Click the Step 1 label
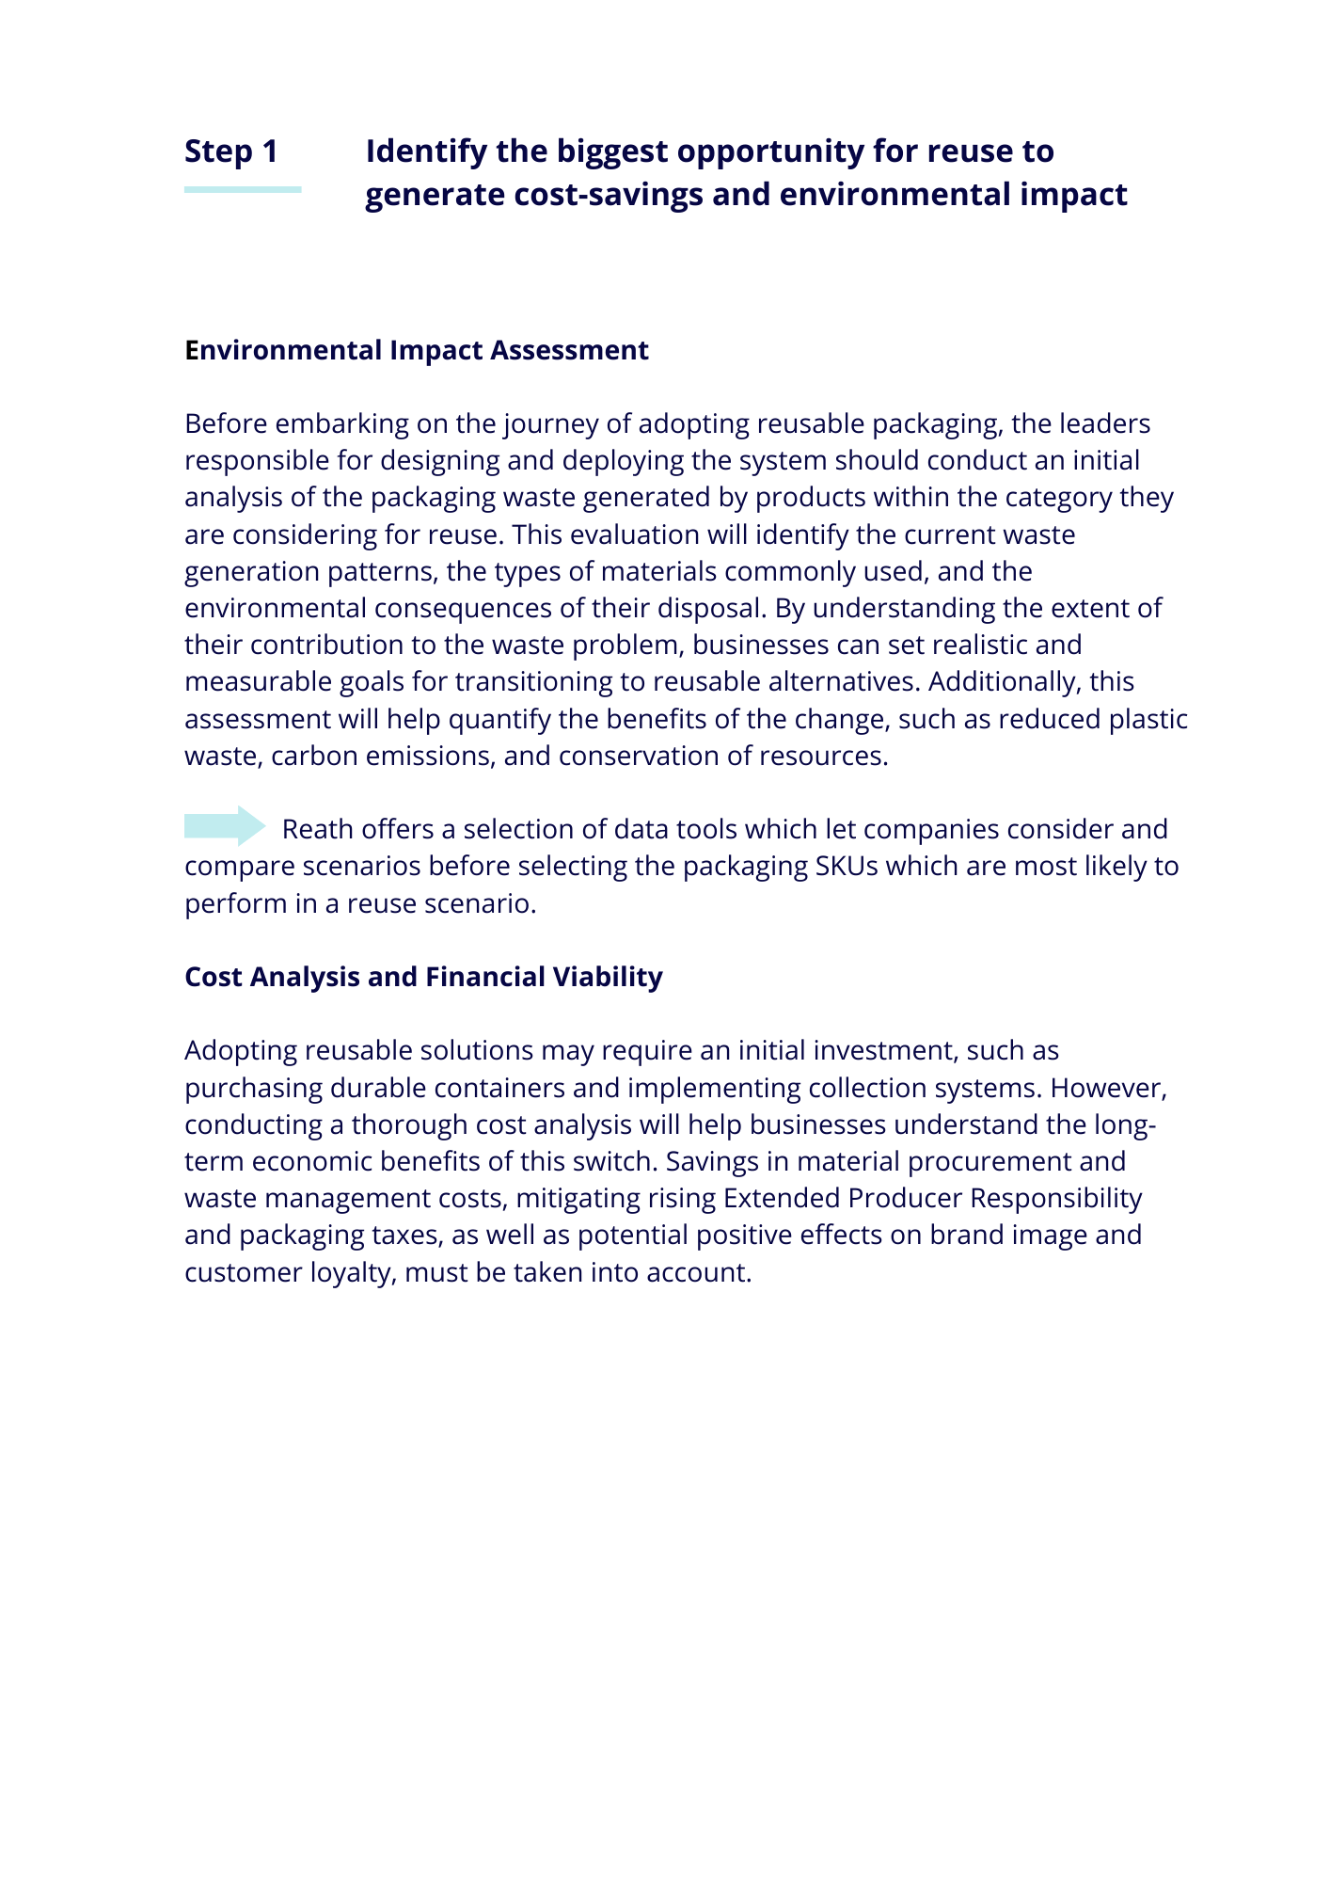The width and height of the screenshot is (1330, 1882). pos(231,152)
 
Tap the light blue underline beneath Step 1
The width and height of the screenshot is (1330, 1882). pos(243,189)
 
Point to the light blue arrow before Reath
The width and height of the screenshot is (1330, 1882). pos(226,826)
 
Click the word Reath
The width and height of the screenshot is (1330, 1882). pos(318,829)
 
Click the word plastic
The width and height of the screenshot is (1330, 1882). pos(1148,719)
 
